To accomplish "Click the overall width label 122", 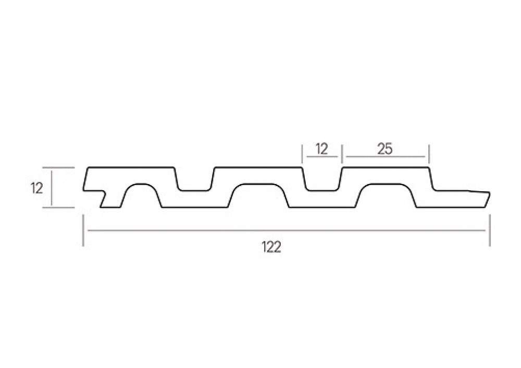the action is click(x=271, y=247).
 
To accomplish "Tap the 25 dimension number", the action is click(x=385, y=149).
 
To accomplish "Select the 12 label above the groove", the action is click(x=321, y=149).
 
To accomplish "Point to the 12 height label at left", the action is click(x=37, y=189).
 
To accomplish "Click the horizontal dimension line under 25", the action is click(x=386, y=156).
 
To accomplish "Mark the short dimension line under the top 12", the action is click(x=322, y=156).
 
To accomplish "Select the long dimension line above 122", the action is click(x=286, y=230).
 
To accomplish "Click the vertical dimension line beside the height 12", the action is click(x=52, y=188).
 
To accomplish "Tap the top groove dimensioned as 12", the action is click(x=322, y=179).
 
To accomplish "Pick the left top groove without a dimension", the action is click(x=194, y=179).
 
